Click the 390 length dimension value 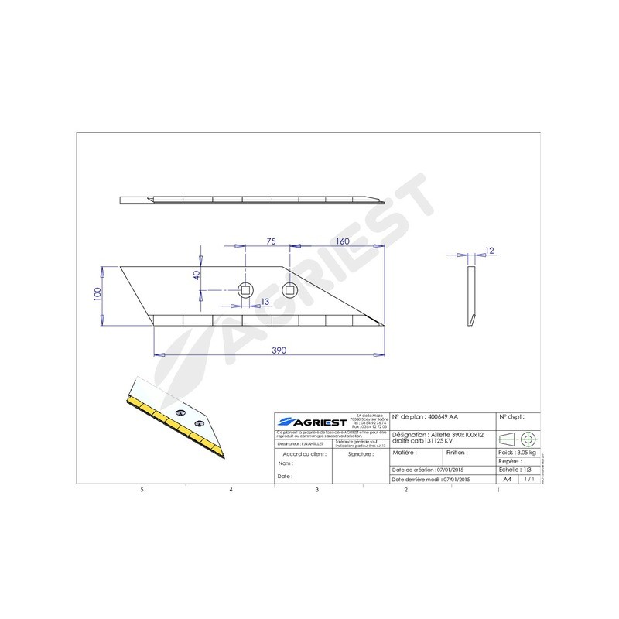click(x=279, y=351)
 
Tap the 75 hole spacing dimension click(x=271, y=242)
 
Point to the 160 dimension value click(x=343, y=242)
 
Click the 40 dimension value click(x=197, y=274)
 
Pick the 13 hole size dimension click(x=265, y=301)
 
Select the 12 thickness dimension click(x=488, y=250)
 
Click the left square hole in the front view click(x=245, y=291)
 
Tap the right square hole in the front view click(x=289, y=291)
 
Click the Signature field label click(x=361, y=454)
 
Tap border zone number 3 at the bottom click(x=316, y=491)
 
